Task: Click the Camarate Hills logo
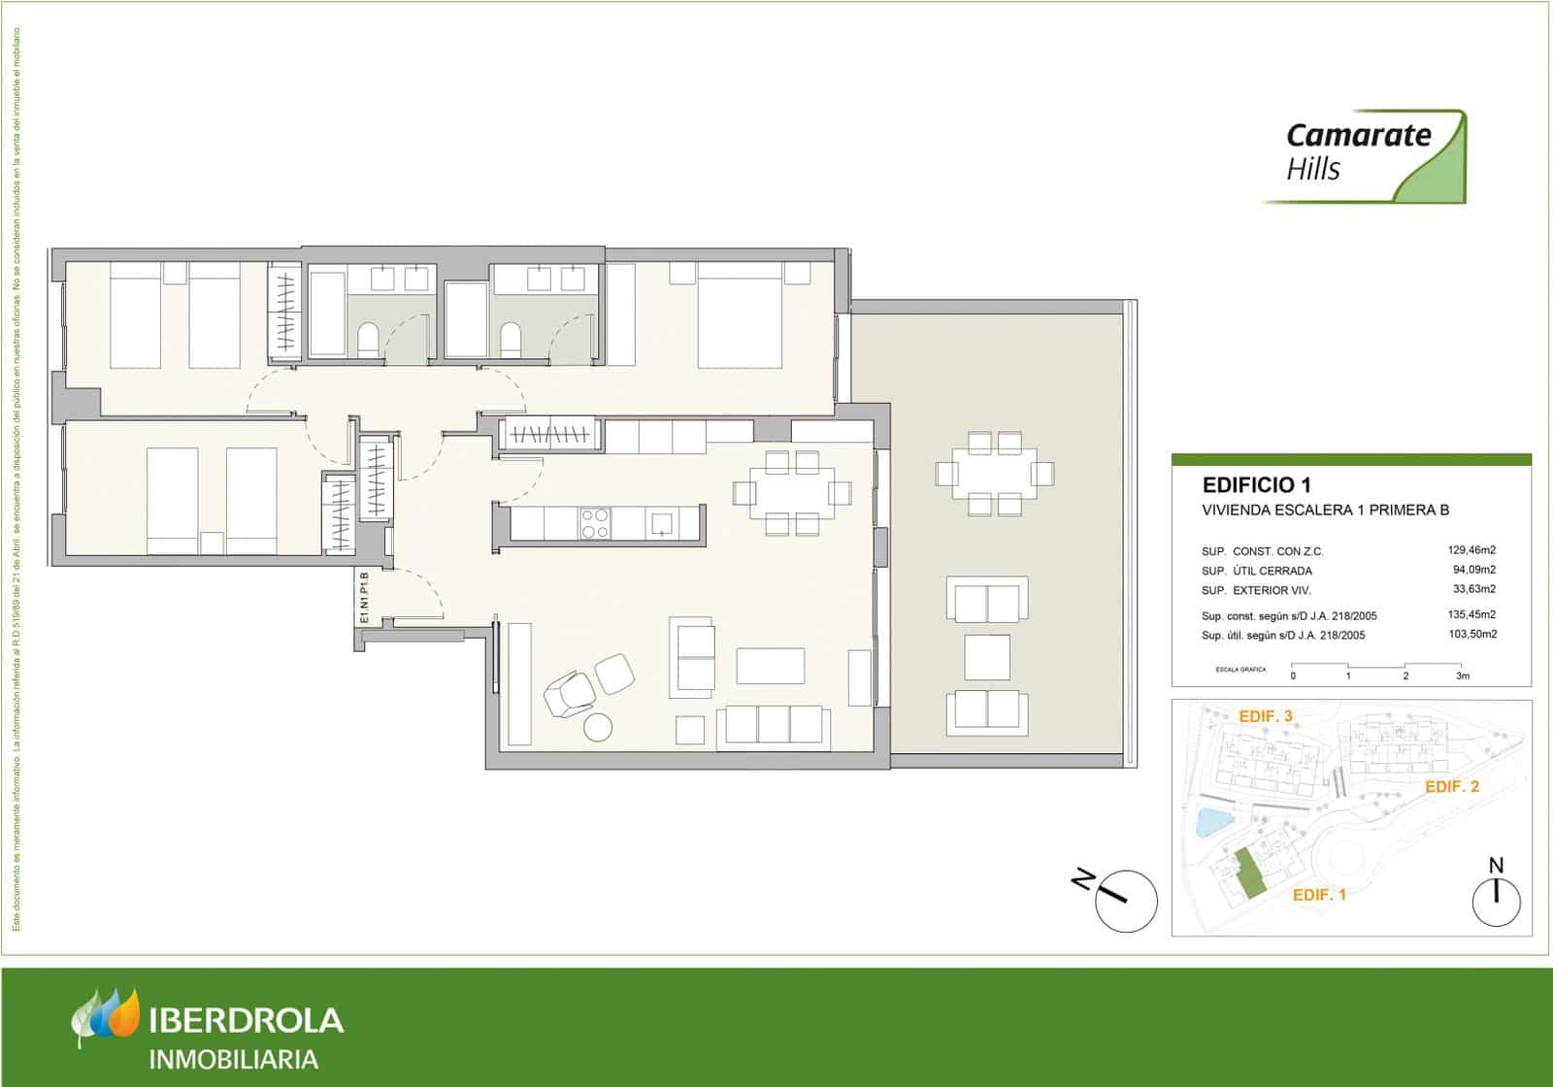point(1364,156)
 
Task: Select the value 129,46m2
point(1471,550)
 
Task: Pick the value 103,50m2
point(1471,635)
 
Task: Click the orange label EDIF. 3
point(1266,716)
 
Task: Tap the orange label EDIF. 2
point(1451,787)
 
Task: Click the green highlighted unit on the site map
point(1248,872)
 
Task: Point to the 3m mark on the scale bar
point(1463,675)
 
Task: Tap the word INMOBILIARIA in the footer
point(233,1058)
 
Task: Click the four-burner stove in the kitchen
point(594,523)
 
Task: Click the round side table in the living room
point(598,728)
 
